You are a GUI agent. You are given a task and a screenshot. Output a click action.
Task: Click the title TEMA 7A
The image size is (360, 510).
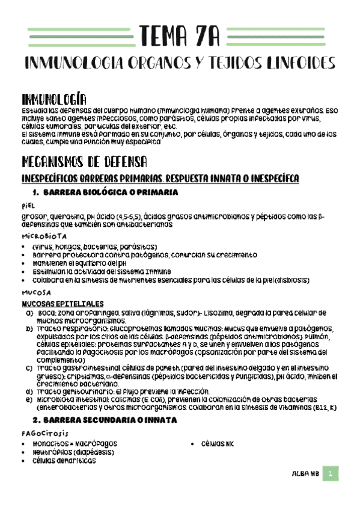click(179, 36)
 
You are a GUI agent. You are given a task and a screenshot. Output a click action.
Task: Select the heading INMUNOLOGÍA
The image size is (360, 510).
click(54, 99)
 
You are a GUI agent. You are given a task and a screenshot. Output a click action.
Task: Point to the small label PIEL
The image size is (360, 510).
click(29, 206)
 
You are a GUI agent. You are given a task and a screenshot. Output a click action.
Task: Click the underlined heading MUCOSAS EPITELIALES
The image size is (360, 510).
click(62, 304)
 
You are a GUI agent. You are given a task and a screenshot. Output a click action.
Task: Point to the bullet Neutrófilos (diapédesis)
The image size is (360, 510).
click(74, 452)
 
